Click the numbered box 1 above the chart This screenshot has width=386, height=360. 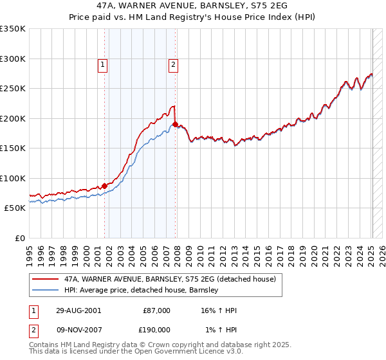(x=103, y=64)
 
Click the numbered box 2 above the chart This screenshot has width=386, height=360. (x=174, y=64)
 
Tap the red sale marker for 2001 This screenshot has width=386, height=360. (x=105, y=186)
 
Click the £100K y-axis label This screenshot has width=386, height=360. (x=13, y=178)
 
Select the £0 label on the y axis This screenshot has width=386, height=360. (x=20, y=238)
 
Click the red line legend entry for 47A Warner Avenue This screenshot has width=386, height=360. (x=170, y=279)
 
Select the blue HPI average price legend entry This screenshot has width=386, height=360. (x=142, y=291)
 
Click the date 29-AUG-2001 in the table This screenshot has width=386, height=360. (x=78, y=310)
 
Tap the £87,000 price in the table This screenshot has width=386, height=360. (x=156, y=310)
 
